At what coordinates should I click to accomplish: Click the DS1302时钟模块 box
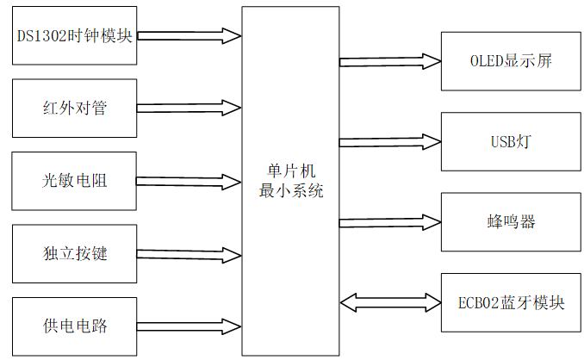75,35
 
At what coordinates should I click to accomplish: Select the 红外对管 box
75,109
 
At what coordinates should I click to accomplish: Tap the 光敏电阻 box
75,181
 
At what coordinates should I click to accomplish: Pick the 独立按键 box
75,254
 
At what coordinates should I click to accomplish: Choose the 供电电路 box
75,326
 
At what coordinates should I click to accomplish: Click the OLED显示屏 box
510,61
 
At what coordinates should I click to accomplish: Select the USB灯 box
510,141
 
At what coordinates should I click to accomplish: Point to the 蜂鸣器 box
510,221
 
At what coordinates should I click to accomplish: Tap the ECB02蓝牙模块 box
510,302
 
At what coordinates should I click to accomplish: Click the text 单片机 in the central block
291,172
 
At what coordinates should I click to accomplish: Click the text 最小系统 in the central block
291,191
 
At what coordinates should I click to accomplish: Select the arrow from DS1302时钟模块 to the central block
189,36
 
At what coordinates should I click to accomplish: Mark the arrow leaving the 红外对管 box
189,109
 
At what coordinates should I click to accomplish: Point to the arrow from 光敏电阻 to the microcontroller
189,182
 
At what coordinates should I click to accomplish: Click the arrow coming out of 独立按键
189,254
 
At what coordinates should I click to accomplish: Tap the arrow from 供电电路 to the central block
189,326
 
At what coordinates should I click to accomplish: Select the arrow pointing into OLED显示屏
390,61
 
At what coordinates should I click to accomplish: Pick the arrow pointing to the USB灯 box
390,141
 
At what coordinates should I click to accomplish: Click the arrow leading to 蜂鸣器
390,221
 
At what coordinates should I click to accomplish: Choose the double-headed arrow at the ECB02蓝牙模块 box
390,302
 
